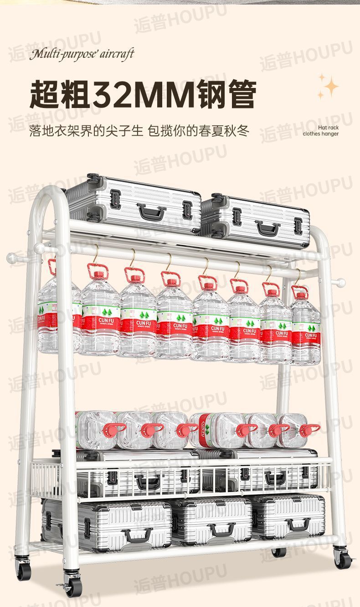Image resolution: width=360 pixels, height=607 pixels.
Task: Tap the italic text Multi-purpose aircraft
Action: (x=82, y=54)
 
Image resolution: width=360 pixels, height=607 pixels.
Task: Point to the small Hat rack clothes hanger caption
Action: (x=321, y=131)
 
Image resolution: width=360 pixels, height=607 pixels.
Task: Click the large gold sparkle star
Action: (x=329, y=86)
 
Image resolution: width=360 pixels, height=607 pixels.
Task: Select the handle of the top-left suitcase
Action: (x=151, y=211)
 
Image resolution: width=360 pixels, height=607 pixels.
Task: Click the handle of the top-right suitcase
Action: (x=268, y=227)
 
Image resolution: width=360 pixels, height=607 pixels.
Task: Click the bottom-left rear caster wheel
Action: (x=23, y=569)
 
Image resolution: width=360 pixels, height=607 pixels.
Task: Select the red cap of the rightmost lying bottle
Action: (x=309, y=430)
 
